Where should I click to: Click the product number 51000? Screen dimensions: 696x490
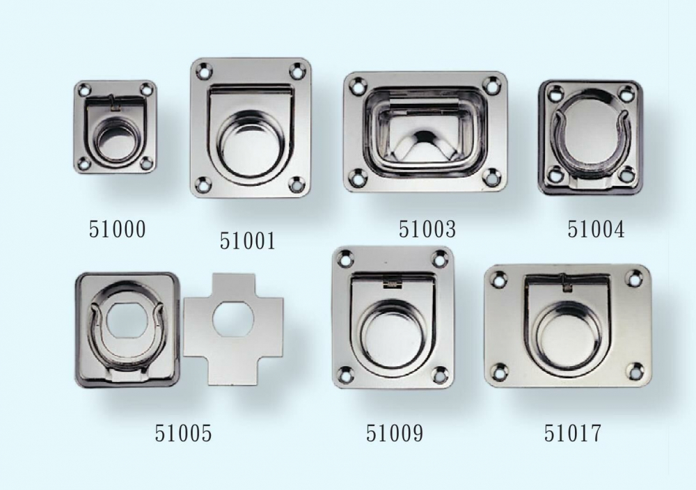[x=117, y=230]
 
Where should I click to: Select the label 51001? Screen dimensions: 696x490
[x=248, y=241]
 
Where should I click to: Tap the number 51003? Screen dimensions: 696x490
[x=427, y=230]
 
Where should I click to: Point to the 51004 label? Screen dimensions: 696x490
[x=596, y=230]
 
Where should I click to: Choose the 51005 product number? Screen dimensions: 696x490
[x=183, y=433]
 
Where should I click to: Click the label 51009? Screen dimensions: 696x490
[x=395, y=433]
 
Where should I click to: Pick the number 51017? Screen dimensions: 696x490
[x=573, y=433]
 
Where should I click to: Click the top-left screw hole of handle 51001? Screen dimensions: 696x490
[x=205, y=70]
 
